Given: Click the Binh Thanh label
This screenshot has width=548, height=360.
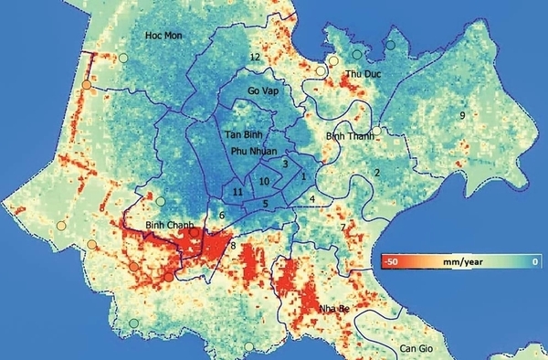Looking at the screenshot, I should tap(348, 135).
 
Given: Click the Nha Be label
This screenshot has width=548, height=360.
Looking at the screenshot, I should tap(335, 309).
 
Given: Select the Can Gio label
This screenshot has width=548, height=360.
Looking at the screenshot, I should tap(418, 349).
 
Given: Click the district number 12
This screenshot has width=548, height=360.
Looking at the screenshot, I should tap(255, 58).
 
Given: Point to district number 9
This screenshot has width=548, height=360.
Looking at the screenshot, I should tap(463, 115).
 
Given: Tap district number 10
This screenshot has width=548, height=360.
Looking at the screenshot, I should tap(264, 181).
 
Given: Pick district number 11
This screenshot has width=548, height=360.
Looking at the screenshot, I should tap(237, 192).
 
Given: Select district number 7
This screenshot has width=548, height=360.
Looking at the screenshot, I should tap(342, 227).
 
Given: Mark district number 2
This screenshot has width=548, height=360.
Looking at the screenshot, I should tap(376, 172).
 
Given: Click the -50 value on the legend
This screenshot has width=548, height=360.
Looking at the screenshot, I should tap(395, 261).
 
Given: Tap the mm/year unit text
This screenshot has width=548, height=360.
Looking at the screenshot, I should tap(462, 261).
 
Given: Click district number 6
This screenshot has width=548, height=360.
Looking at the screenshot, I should tap(221, 215).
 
